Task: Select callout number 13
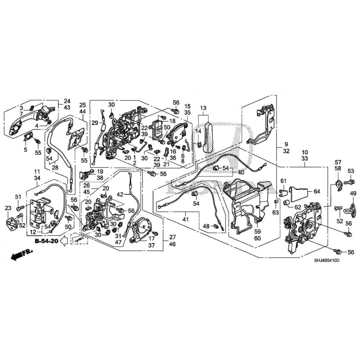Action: (x=203, y=108)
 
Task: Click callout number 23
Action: (x=8, y=207)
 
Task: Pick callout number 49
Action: (x=353, y=193)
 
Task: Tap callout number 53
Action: (x=351, y=171)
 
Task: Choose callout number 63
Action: (x=275, y=212)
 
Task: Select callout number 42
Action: (x=120, y=194)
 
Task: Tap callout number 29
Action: (x=94, y=122)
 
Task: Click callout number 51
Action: (x=18, y=196)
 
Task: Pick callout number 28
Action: (x=55, y=168)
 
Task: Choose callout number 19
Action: (x=100, y=171)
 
